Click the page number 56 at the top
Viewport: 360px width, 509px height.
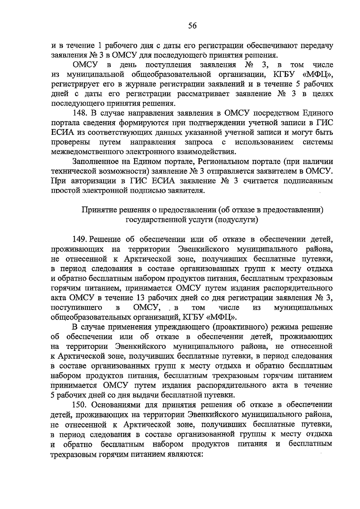(x=192, y=26)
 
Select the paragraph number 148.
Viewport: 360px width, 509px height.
(x=80, y=113)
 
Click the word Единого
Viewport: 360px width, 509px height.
(x=318, y=113)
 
